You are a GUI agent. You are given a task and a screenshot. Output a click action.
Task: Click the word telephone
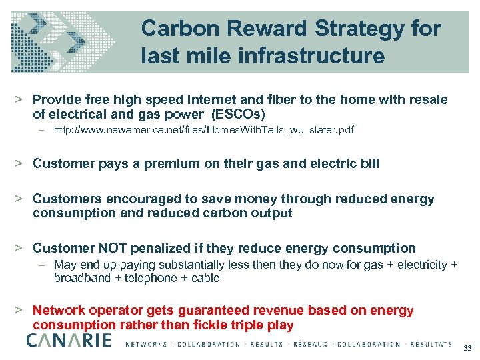[143, 277]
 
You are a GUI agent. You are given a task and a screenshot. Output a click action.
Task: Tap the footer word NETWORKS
[146, 345]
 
